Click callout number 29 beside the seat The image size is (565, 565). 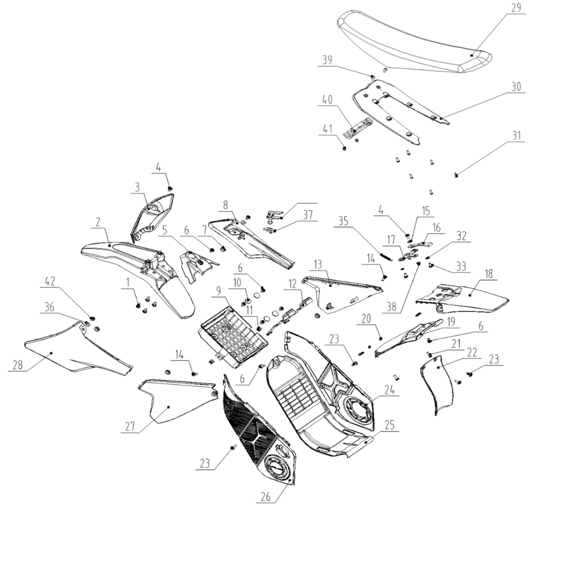point(516,8)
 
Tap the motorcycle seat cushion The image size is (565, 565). point(412,42)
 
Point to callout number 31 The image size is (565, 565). point(516,136)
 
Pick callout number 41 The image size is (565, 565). point(327,129)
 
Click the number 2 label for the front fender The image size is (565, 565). point(98,223)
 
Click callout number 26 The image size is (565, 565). point(265,497)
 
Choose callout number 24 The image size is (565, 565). point(389,389)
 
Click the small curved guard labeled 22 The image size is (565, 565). point(438,390)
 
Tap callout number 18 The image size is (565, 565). point(488,273)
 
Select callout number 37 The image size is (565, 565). point(308,214)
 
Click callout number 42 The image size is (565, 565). point(51,281)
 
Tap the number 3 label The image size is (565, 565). point(137,187)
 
